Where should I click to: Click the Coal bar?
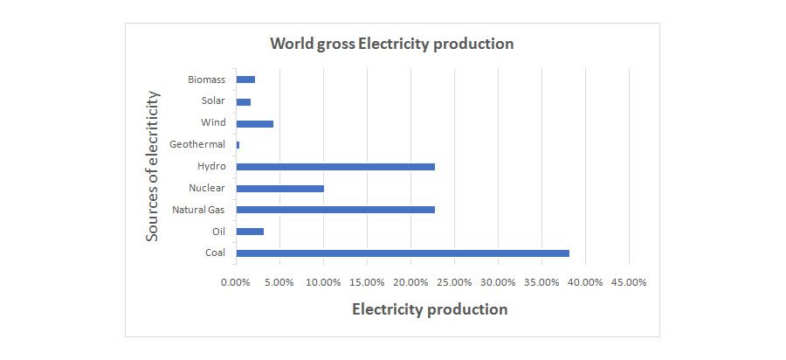pyautogui.click(x=402, y=253)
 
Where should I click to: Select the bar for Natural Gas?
pyautogui.click(x=335, y=210)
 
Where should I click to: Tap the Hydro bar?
pyautogui.click(x=335, y=166)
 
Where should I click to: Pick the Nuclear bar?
pyautogui.click(x=279, y=188)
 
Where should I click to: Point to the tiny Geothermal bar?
pyautogui.click(x=238, y=144)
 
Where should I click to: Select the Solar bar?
pyautogui.click(x=243, y=101)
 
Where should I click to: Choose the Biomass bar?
pyautogui.click(x=245, y=80)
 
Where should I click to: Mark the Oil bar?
pyautogui.click(x=250, y=232)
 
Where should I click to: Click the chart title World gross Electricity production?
pyautogui.click(x=391, y=44)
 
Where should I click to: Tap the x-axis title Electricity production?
pyautogui.click(x=429, y=309)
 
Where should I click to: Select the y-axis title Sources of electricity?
pyautogui.click(x=153, y=166)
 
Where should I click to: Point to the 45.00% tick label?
pyautogui.click(x=629, y=282)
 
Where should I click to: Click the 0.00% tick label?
pyautogui.click(x=236, y=282)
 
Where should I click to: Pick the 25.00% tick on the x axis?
pyautogui.click(x=454, y=282)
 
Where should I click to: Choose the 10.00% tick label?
pyautogui.click(x=323, y=282)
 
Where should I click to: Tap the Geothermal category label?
pyautogui.click(x=197, y=144)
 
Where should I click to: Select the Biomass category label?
pyautogui.click(x=206, y=80)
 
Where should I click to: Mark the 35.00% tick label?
pyautogui.click(x=541, y=282)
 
